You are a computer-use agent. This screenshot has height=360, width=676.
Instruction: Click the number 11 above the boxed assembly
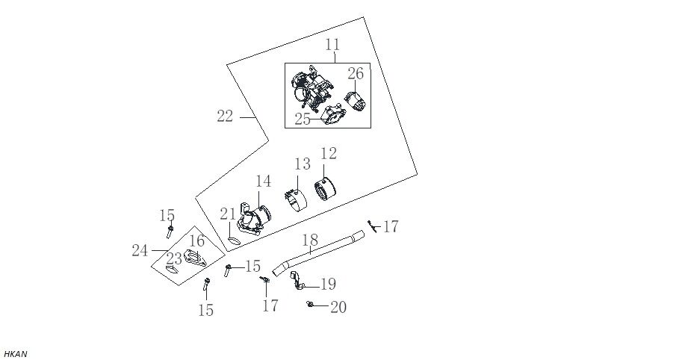pos(332,45)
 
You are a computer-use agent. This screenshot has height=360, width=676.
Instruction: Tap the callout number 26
pos(356,74)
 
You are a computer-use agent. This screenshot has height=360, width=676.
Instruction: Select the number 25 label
pos(303,120)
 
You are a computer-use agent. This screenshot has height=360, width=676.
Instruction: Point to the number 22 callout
pos(225,116)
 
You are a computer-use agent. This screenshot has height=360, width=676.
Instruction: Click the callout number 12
pos(329,154)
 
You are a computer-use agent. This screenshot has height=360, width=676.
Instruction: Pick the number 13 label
pos(302,164)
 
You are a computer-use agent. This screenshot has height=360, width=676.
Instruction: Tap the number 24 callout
pos(140,250)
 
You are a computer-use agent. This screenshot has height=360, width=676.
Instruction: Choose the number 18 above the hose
pos(310,240)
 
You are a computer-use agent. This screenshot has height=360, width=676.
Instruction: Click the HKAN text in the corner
pos(16,354)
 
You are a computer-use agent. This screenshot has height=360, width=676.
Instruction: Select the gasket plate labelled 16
pos(194,258)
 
